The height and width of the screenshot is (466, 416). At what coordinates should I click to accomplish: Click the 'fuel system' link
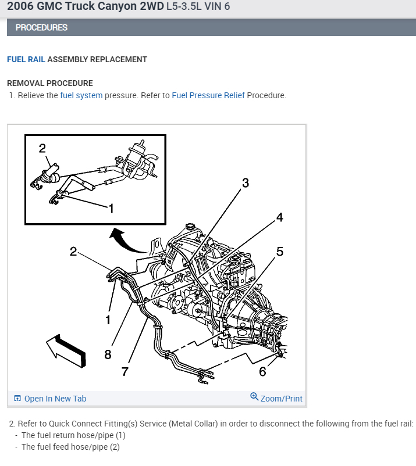[81, 95]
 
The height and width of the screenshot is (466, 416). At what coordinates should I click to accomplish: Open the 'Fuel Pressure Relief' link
[208, 95]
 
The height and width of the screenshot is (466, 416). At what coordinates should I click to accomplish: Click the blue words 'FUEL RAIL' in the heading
[26, 59]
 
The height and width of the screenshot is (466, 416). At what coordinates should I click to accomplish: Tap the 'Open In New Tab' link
[55, 399]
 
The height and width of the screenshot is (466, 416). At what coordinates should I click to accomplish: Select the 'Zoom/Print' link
[282, 399]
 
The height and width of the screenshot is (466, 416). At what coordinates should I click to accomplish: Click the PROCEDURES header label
[41, 27]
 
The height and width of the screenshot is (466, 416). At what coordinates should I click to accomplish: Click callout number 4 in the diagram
[279, 217]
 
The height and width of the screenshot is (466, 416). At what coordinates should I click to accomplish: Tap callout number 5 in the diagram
[279, 252]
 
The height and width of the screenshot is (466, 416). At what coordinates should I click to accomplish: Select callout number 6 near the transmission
[262, 371]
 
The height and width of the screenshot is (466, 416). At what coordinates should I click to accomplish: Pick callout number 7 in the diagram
[125, 372]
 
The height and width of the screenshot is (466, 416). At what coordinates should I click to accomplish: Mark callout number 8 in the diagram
[108, 355]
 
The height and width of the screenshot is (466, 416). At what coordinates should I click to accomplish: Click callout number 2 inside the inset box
[42, 148]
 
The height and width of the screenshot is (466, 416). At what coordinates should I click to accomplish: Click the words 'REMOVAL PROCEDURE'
[49, 83]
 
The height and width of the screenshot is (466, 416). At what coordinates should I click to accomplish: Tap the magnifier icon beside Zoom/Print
[254, 397]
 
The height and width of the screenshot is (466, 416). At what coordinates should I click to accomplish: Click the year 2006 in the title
[20, 8]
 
